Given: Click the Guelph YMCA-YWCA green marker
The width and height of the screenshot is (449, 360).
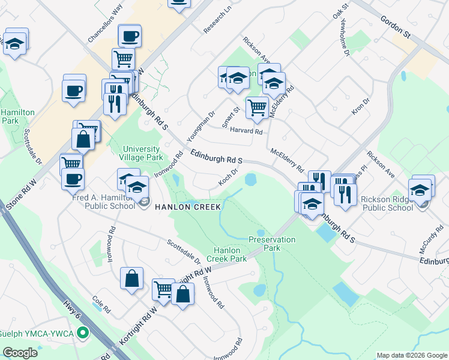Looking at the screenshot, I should click(84, 332).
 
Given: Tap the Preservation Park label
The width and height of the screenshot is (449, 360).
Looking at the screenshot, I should click(272, 243).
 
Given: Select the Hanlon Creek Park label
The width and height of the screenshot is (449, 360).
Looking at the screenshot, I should click(227, 254).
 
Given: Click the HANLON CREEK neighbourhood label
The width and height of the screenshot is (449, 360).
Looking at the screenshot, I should click(188, 207).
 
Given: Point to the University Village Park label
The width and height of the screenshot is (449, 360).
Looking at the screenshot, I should click(142, 153).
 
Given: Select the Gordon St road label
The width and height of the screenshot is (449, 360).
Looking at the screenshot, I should click(394, 27).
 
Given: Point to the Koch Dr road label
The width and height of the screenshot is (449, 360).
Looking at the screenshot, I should click(231, 175).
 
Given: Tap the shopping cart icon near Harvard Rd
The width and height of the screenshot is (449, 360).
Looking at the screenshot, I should click(257, 107).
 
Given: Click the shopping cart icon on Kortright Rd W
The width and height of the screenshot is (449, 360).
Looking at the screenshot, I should click(163, 289).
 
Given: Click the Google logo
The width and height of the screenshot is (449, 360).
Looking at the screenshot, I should click(20, 352).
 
